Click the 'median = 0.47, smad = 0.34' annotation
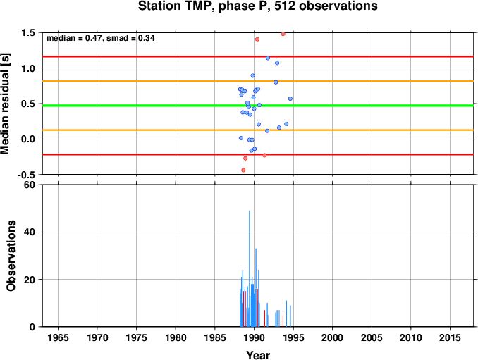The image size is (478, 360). (101, 38)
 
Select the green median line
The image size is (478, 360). (258, 106)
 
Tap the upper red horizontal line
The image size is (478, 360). (258, 56)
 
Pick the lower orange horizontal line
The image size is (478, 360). (258, 130)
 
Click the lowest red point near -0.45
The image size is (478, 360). (243, 170)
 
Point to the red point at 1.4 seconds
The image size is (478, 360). (257, 39)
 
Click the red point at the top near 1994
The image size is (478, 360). (283, 34)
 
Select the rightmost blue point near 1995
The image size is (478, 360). (290, 99)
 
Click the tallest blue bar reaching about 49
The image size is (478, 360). (250, 268)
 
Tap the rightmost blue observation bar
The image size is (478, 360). (290, 316)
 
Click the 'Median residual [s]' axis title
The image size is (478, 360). (5, 104)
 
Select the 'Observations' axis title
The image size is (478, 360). (11, 256)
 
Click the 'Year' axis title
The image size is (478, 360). (258, 355)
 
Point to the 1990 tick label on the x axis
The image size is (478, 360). (255, 337)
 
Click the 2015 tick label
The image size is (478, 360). (450, 337)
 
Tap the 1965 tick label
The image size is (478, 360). (59, 337)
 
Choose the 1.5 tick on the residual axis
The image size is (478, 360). (28, 32)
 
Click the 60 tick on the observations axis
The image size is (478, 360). (30, 185)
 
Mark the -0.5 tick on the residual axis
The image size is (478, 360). (26, 175)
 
